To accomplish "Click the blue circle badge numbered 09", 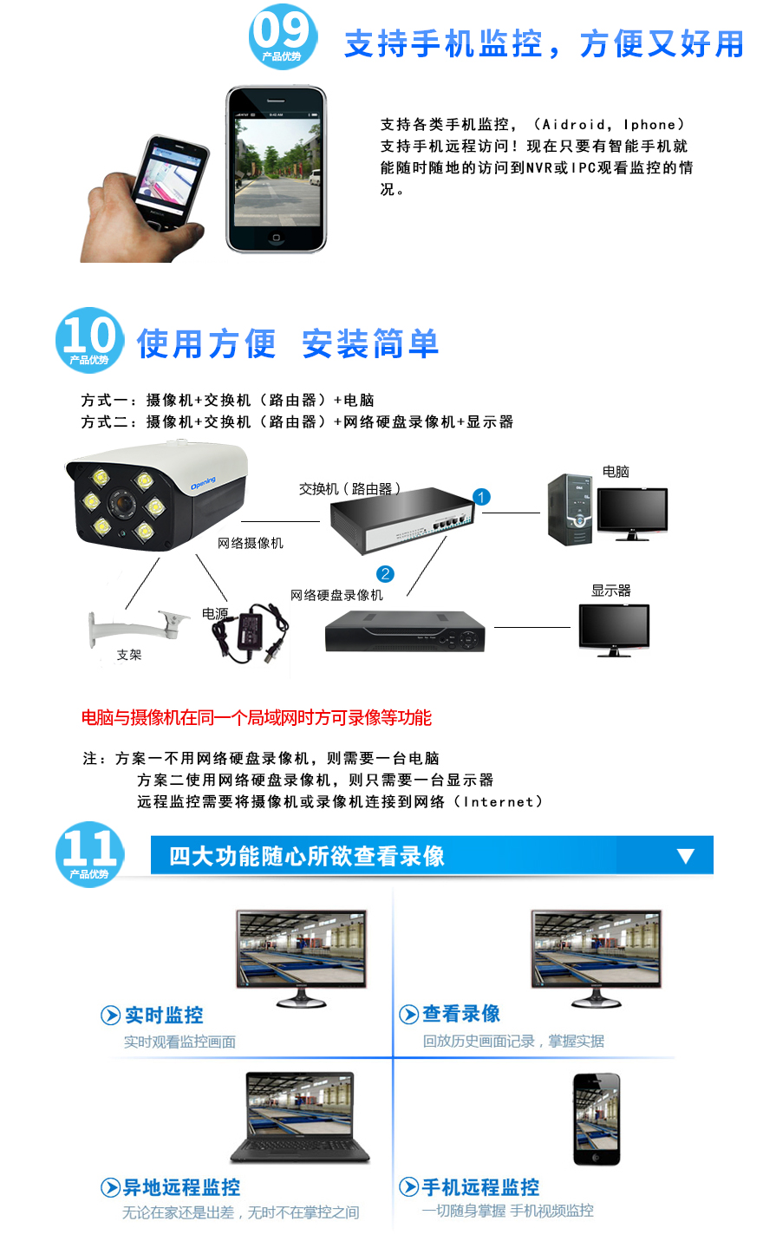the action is (283, 36).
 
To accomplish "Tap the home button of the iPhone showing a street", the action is (276, 238).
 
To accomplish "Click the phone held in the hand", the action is (170, 182).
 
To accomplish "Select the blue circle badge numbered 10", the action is (89, 340).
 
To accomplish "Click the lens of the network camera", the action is (122, 502).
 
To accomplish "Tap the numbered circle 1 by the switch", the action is (481, 497).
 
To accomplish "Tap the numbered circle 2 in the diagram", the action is (385, 573).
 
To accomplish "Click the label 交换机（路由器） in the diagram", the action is (350, 489).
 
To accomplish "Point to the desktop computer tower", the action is (570, 509).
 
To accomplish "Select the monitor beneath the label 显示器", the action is (614, 630).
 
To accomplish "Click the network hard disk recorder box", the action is (405, 631).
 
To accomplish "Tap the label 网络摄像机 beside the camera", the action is (251, 543).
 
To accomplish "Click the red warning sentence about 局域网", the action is (257, 717).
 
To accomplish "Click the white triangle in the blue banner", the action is (686, 855).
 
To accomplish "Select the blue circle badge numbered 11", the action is (89, 853).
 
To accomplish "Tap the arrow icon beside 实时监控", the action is (110, 1015).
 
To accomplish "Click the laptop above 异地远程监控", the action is (300, 1117).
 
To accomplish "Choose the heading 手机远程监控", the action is (480, 1187).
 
